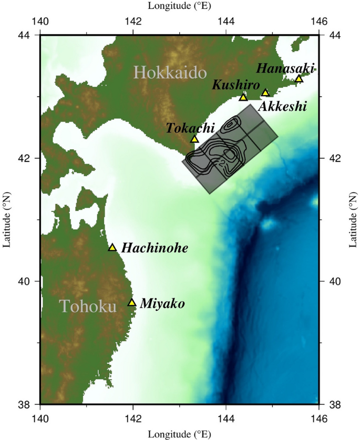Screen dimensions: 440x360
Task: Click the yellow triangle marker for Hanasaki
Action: (299, 79)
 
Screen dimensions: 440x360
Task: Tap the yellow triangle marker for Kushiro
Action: (243, 97)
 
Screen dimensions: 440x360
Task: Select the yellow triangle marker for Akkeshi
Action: (265, 93)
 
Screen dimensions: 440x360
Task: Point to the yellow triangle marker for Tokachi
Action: (194, 139)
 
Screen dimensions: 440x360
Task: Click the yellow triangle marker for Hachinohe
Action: (112, 248)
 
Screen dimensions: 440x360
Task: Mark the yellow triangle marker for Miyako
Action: (132, 302)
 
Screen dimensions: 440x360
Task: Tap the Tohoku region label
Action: (87, 306)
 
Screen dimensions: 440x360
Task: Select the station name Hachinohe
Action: (155, 248)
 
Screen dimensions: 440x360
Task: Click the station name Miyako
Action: (162, 304)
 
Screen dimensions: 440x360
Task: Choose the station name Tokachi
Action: (190, 128)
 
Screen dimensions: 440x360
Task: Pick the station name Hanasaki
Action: (285, 68)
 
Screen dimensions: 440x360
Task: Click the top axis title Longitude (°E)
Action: (179, 7)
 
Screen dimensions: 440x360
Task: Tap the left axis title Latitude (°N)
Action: (7, 219)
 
